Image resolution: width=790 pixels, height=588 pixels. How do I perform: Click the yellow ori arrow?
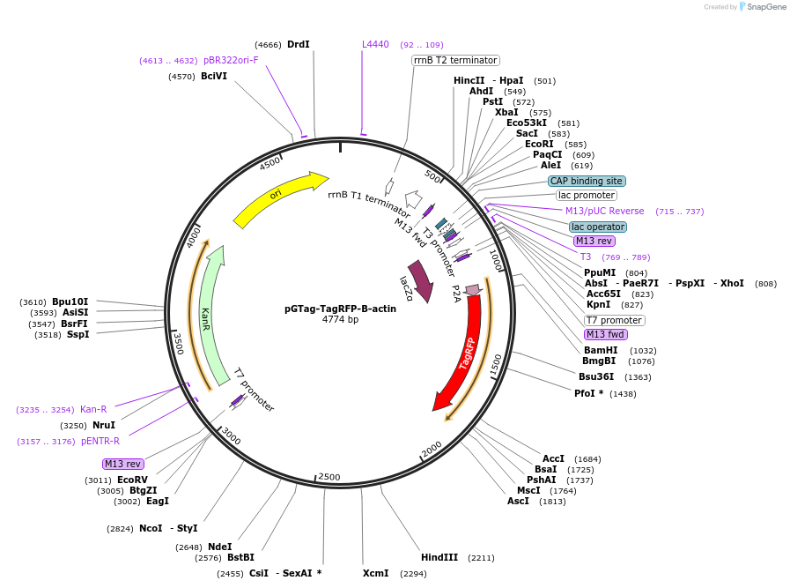coord(277,198)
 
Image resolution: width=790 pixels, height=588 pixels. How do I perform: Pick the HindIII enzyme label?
coord(439,557)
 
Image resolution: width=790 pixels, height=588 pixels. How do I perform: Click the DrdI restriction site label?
coord(299,44)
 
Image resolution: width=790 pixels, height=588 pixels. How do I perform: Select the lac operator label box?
coord(597,227)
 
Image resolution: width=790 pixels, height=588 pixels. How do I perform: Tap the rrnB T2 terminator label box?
coord(455,60)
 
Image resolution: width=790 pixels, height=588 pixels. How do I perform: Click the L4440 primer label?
coord(375,44)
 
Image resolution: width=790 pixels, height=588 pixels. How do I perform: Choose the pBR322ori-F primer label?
coord(231,60)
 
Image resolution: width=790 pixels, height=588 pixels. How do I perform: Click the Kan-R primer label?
coord(93,409)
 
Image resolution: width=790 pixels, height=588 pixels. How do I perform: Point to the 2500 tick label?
coord(329,477)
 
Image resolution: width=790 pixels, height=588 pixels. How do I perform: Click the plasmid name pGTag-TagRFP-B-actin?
coord(340,309)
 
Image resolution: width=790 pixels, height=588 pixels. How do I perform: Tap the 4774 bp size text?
coord(340,319)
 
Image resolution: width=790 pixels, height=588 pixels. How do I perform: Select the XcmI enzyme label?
coord(375,573)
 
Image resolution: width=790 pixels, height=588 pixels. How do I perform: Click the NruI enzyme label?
coord(104,425)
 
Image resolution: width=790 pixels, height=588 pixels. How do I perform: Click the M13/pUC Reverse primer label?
coord(604,211)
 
